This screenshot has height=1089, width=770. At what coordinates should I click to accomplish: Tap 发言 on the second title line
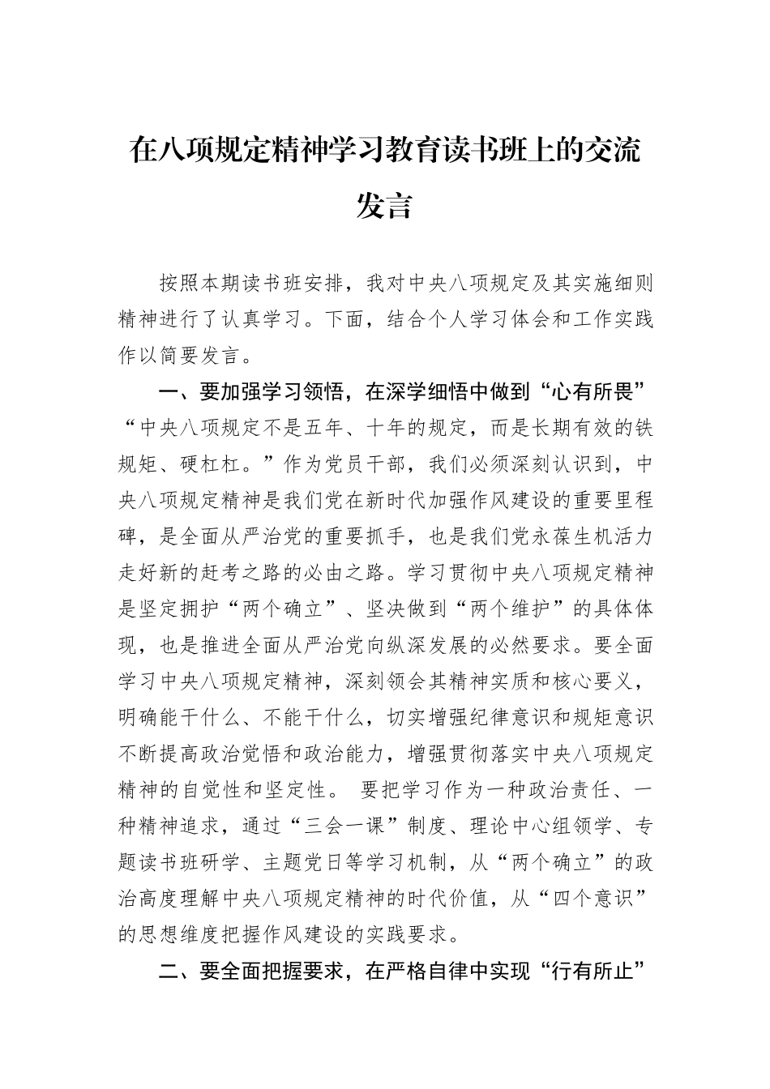coord(385,206)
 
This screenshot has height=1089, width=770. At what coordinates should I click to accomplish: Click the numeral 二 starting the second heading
coord(169,972)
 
